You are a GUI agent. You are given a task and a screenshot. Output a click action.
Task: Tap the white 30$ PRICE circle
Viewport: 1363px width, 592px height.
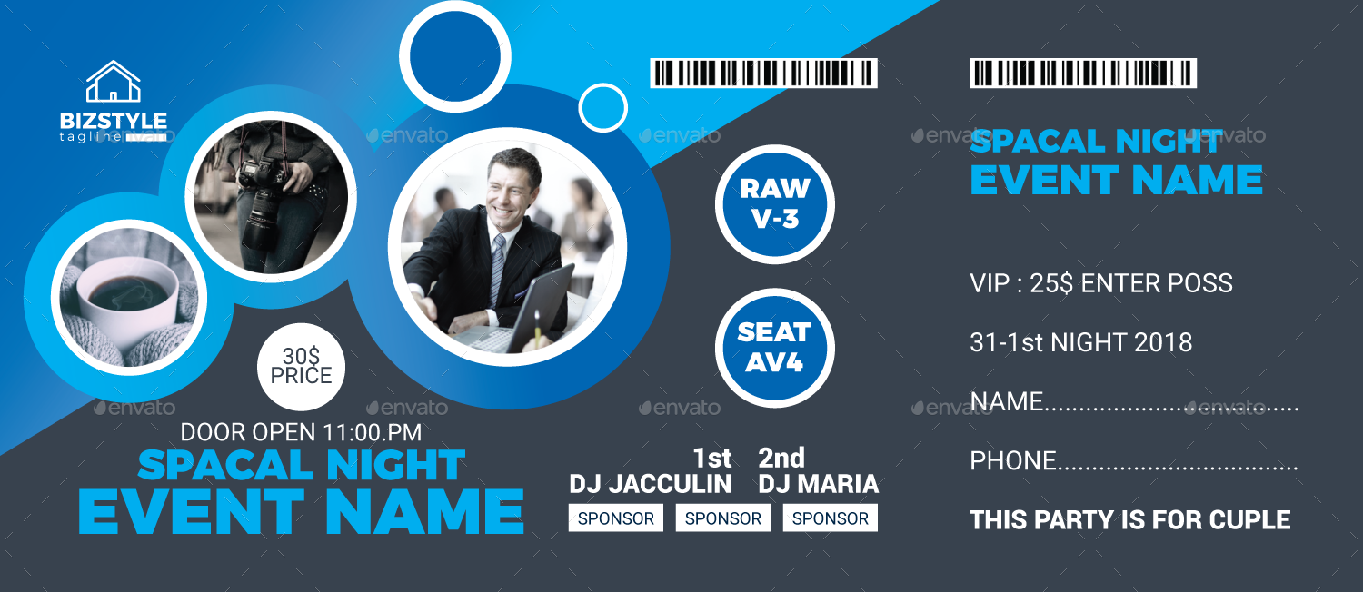[x=301, y=366]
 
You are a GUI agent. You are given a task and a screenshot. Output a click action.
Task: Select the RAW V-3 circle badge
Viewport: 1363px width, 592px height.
[x=774, y=203]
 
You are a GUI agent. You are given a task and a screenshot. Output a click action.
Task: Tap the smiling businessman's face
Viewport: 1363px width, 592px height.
[x=512, y=183]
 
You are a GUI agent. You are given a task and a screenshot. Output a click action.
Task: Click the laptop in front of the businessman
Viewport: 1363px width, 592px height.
[x=527, y=309]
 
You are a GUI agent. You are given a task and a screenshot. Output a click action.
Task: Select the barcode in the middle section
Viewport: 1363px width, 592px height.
[x=763, y=73]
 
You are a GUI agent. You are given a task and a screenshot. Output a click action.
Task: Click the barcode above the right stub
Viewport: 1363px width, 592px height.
[x=1082, y=73]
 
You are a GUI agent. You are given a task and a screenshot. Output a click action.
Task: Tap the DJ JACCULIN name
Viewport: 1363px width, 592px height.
[x=650, y=484]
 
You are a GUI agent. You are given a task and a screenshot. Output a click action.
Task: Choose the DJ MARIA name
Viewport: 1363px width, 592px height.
[x=818, y=484]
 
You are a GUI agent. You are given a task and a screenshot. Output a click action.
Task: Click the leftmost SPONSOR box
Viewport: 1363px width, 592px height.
[x=616, y=518]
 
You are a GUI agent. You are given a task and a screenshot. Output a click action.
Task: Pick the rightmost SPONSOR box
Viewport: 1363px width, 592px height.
[x=830, y=518]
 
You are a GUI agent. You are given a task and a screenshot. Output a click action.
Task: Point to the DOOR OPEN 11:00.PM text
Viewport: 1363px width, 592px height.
[x=301, y=432]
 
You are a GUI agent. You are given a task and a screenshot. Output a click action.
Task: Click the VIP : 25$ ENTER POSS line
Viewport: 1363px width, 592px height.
[x=1100, y=283]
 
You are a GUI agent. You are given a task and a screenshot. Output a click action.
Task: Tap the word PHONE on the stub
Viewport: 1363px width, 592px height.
[x=1012, y=461]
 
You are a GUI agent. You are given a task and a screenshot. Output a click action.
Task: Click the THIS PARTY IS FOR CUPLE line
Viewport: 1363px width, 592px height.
[x=1129, y=520]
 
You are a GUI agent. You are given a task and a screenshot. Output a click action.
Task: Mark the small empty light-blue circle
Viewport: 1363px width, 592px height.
[x=603, y=108]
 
